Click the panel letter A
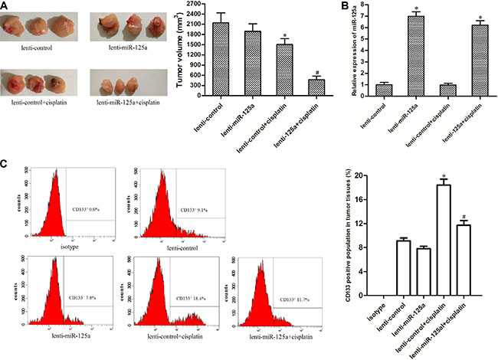coord(5,5)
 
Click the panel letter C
coord(5,164)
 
